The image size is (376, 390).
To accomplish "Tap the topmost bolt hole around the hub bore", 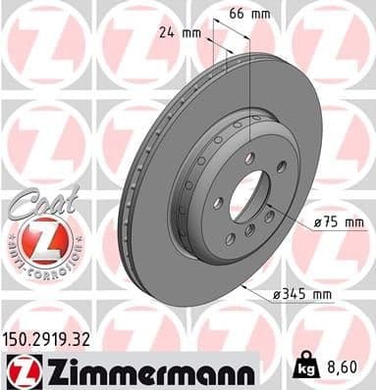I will click(x=249, y=157).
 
